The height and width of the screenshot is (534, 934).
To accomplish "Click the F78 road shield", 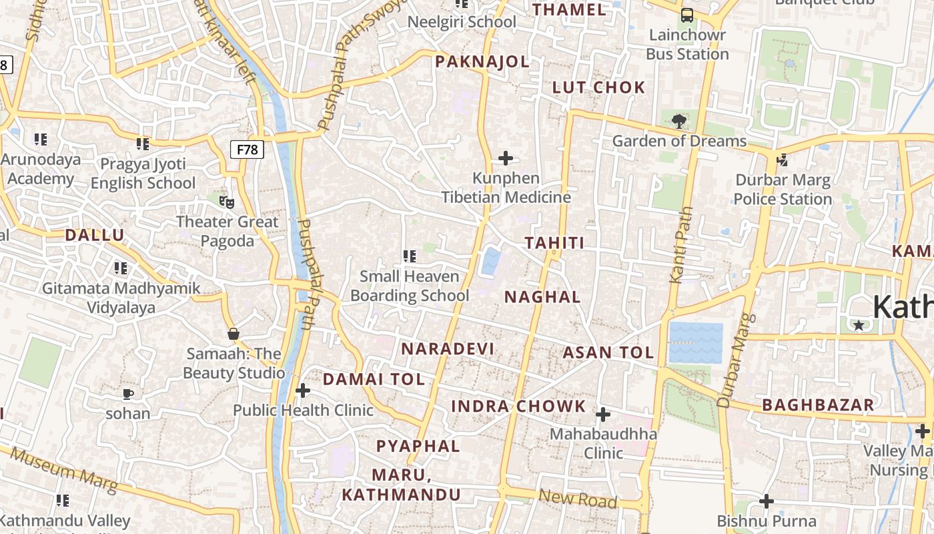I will click(247, 150).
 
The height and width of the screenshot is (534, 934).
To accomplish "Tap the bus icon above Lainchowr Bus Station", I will click(686, 15).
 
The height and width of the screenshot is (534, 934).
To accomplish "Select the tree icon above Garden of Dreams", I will click(679, 121).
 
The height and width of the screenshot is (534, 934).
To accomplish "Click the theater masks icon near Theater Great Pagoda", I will click(227, 201).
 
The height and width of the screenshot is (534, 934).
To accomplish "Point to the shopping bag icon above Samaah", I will click(233, 333).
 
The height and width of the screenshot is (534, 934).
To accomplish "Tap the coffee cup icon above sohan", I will click(128, 394).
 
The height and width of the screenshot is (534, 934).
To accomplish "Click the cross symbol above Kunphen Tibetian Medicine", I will click(506, 158).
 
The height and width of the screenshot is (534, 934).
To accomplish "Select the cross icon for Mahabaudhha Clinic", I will click(603, 415).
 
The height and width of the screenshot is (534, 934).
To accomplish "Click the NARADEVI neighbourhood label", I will click(448, 348).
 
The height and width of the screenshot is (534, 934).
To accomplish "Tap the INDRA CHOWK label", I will click(518, 406).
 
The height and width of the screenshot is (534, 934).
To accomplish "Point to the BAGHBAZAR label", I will click(818, 405).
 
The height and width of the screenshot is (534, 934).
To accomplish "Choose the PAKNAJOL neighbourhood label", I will click(482, 62).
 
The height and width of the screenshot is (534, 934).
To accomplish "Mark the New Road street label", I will click(577, 498).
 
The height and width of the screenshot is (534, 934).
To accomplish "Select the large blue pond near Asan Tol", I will click(696, 342).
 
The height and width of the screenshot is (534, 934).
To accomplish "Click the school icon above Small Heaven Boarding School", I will click(410, 256).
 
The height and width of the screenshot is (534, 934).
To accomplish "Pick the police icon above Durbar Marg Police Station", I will click(782, 160).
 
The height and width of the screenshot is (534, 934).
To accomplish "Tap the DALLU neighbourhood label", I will click(94, 235).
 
